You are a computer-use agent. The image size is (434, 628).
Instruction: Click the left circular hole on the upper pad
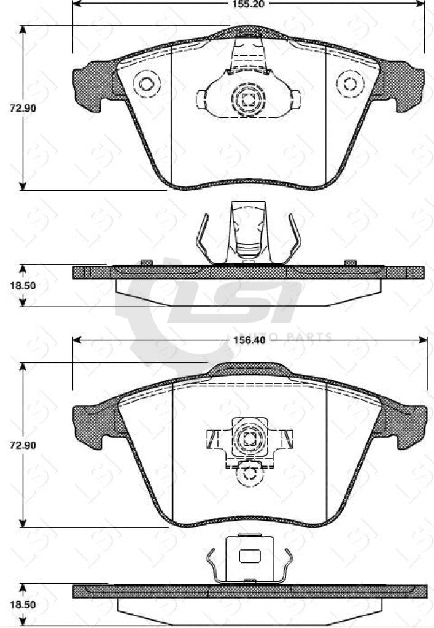pos(146,83)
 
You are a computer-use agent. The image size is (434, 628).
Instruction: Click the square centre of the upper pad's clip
pos(249,99)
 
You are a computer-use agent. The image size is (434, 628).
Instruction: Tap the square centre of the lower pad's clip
pos(249,438)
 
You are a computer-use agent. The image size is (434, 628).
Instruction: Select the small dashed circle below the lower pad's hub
pos(249,472)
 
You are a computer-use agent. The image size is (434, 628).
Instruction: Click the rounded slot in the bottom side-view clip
pos(249,556)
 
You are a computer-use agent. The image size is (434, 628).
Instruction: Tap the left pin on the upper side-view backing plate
pos(146,262)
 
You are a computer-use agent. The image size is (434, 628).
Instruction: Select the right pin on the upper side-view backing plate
pos(350,262)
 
